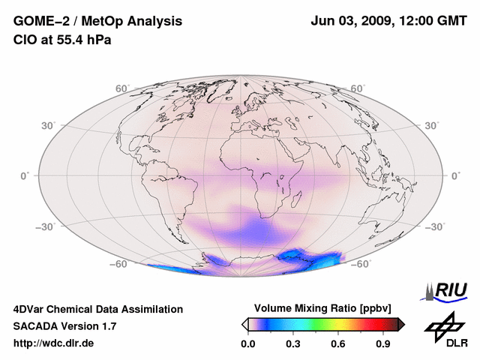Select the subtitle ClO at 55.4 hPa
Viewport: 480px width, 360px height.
pyautogui.click(x=63, y=40)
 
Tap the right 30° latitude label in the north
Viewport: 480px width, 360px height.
pyautogui.click(x=432, y=125)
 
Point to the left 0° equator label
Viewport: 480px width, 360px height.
pyautogui.click(x=23, y=175)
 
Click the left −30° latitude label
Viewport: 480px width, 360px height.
pyautogui.click(x=44, y=226)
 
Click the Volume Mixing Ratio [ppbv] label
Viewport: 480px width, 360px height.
pyautogui.click(x=323, y=308)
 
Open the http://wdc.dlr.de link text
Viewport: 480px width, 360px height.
pyautogui.click(x=54, y=343)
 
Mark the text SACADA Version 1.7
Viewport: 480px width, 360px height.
pyautogui.click(x=64, y=326)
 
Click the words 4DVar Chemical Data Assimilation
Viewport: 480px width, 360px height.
pyautogui.click(x=98, y=309)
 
